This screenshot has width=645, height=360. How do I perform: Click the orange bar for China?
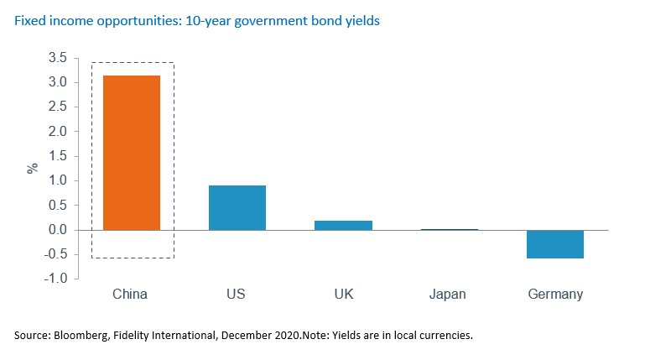tap(131, 153)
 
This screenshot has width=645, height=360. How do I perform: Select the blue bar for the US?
tap(237, 207)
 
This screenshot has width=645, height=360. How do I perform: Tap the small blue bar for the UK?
tap(344, 225)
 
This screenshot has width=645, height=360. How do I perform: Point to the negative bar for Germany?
tap(555, 244)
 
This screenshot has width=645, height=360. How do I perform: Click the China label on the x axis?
tap(130, 295)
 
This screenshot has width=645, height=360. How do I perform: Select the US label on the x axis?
tap(237, 295)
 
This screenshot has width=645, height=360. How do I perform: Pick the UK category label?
tap(344, 295)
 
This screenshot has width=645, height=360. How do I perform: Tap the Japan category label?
tap(449, 295)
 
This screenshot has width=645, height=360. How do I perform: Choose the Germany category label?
tap(555, 295)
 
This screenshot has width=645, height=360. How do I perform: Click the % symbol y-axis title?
tap(33, 168)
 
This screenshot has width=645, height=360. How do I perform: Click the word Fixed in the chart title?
tap(29, 20)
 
